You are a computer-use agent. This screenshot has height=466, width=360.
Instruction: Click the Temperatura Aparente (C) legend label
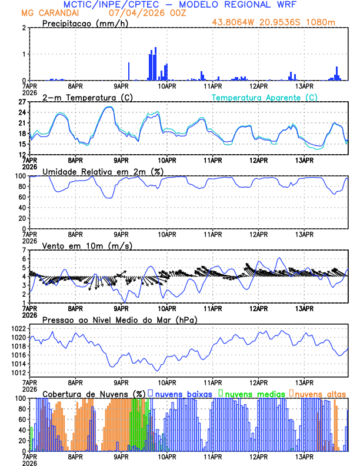click(264, 97)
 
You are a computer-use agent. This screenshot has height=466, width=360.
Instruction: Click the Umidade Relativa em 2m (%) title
click(103, 171)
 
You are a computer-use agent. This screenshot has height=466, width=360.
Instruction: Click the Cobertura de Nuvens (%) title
click(94, 393)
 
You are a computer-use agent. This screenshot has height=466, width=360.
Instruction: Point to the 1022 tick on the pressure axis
click(17, 329)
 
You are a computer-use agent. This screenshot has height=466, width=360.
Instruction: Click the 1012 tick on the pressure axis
click(17, 372)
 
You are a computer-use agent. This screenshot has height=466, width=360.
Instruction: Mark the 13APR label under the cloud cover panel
click(304, 457)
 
